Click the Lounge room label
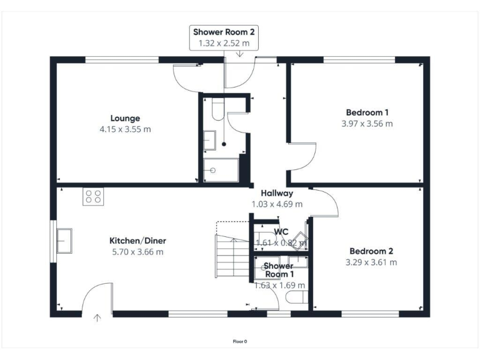coord(125,118)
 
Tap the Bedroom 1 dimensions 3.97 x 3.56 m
coord(367,124)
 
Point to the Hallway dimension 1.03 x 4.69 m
coord(277,204)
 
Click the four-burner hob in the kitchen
coord(93,197)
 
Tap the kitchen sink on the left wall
coord(64,241)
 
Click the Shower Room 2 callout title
coord(224,32)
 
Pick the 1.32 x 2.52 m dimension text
coord(224,43)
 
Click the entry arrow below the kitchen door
coord(97,318)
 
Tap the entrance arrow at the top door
coord(241,54)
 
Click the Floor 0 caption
coord(240,341)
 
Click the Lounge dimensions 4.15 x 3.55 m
coord(125,129)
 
